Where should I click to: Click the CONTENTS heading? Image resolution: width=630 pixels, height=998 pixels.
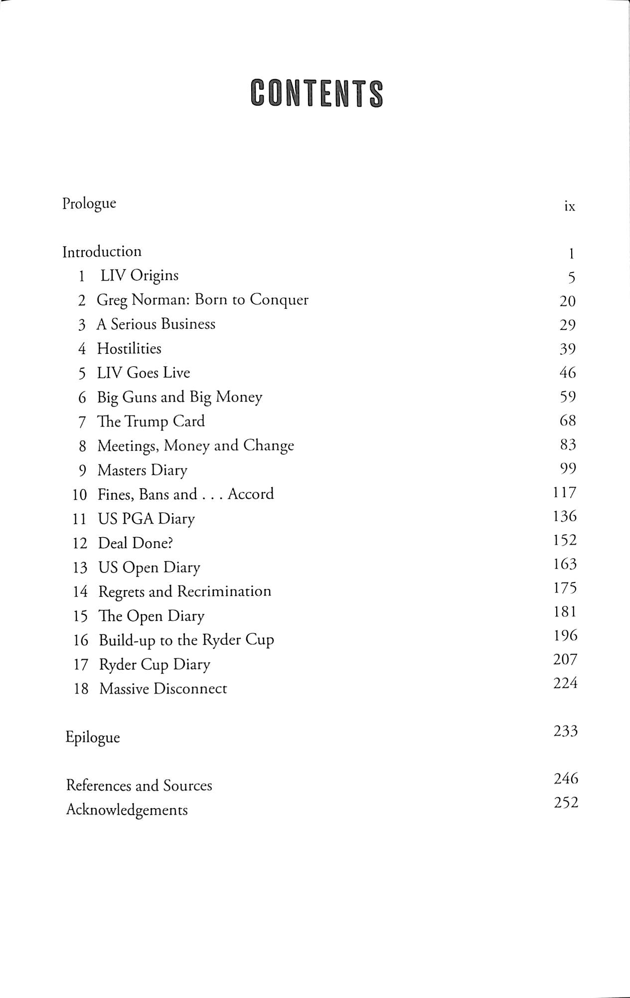(x=317, y=93)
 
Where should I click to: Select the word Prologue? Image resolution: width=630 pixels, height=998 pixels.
(x=89, y=204)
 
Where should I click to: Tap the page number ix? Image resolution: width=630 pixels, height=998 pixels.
(x=570, y=206)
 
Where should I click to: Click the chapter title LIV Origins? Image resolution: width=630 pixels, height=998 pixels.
(x=140, y=276)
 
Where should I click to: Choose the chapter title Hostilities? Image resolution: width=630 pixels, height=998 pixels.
(x=129, y=348)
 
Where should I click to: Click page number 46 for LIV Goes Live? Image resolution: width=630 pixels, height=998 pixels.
(x=568, y=372)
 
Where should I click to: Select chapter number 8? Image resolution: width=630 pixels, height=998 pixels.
(x=83, y=446)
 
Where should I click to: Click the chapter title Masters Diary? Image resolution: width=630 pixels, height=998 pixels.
(x=143, y=470)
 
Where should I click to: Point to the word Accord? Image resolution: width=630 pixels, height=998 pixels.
(x=251, y=494)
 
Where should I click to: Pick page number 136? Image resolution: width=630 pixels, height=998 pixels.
(x=565, y=516)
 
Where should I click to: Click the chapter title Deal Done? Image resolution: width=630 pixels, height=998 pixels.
(x=136, y=543)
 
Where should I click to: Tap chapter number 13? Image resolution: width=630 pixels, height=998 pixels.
(x=80, y=568)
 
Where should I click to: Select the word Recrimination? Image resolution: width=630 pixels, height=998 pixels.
(x=224, y=591)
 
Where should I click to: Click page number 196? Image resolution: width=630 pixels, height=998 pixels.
(x=565, y=635)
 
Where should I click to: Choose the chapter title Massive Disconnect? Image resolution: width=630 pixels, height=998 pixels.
(x=163, y=689)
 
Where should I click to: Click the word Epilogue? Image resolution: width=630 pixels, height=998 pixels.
(x=93, y=737)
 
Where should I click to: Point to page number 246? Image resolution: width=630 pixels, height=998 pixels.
(x=566, y=778)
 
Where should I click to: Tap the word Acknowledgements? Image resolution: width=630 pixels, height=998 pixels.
(x=127, y=810)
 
